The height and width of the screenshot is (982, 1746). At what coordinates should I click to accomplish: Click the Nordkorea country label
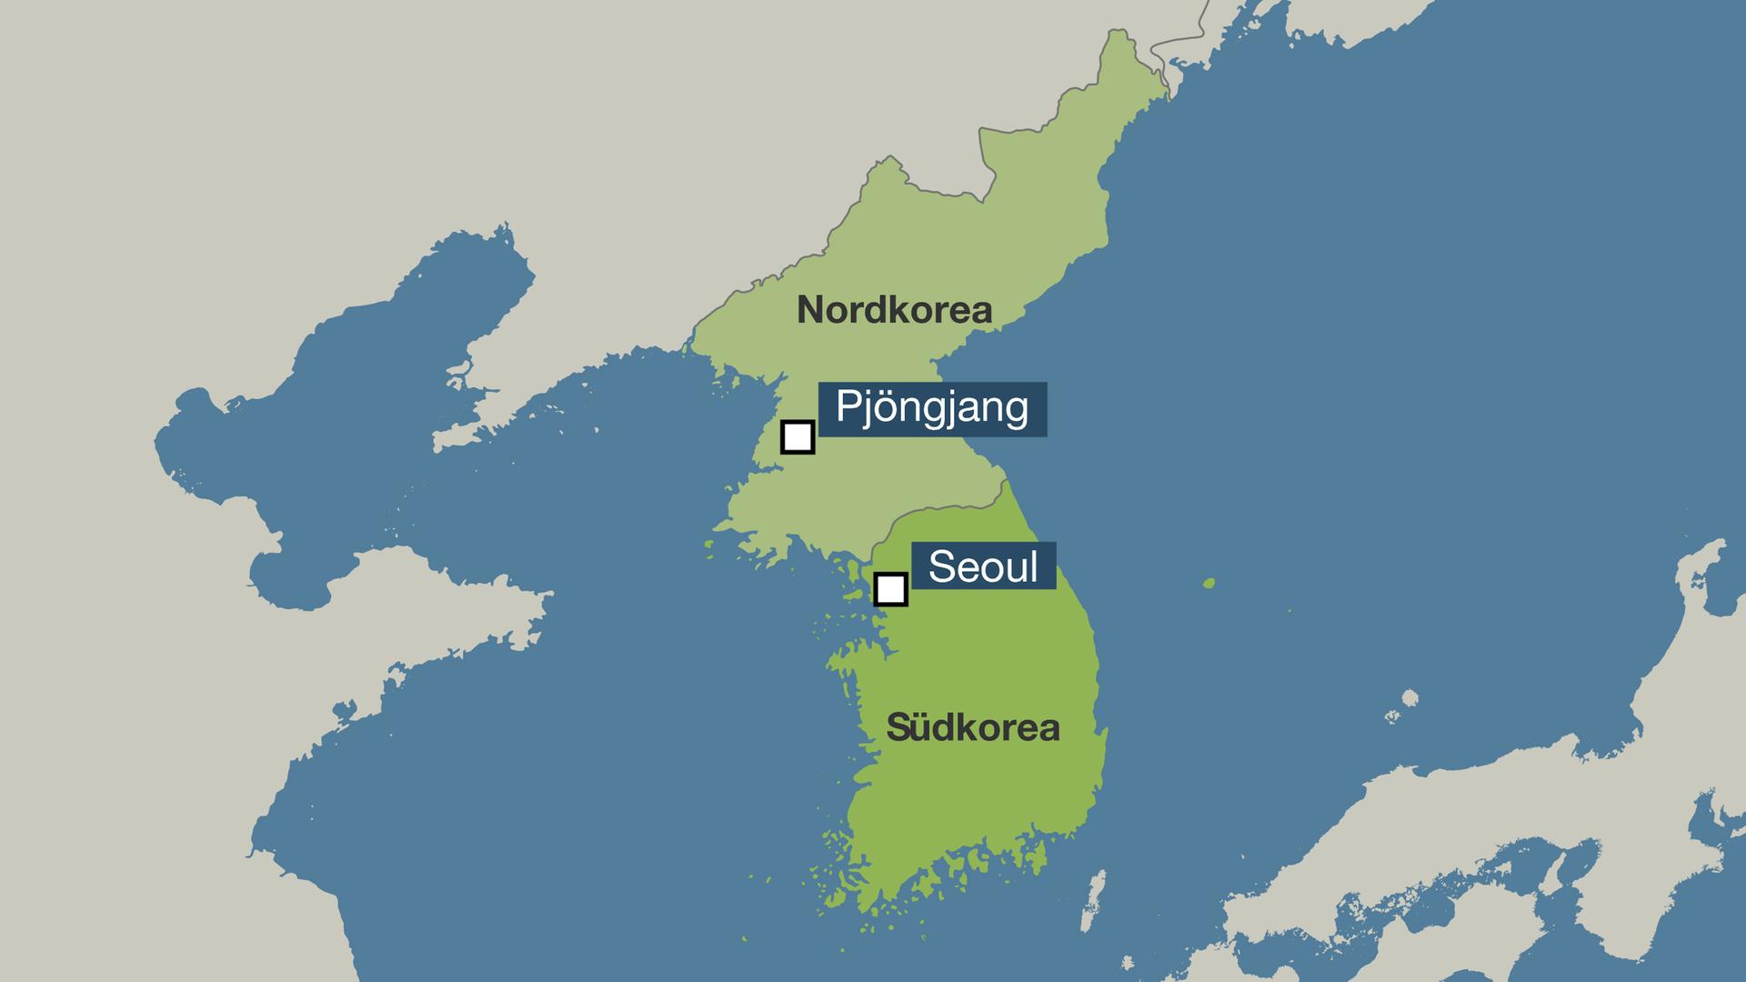[x=894, y=311]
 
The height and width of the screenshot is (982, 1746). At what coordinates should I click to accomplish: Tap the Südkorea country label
[x=973, y=727]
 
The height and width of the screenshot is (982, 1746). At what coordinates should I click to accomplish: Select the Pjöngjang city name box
[x=932, y=408]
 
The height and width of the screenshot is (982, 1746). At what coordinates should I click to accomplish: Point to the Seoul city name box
[x=983, y=566]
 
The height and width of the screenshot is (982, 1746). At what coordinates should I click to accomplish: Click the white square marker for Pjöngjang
[x=798, y=436]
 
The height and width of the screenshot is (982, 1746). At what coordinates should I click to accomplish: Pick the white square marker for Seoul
[x=890, y=589]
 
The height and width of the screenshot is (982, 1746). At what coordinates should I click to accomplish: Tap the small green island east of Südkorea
[x=1209, y=583]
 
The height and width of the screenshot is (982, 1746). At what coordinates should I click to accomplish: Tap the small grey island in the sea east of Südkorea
[x=1410, y=698]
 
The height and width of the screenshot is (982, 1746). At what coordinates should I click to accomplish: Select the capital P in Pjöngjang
[x=846, y=406]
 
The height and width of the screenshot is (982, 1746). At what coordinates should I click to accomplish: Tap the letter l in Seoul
[x=1033, y=566]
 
